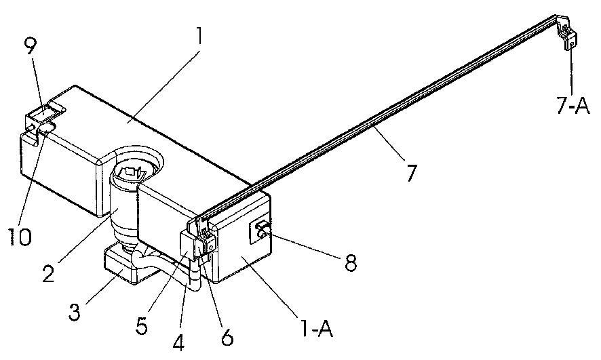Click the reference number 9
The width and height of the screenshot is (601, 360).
[x=31, y=49]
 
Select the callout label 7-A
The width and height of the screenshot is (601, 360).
[x=573, y=104]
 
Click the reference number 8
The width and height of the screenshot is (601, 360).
[x=349, y=262]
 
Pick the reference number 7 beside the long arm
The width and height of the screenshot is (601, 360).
[x=410, y=173]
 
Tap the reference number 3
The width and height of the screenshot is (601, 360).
[x=75, y=311]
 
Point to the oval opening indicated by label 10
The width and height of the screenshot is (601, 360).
[x=47, y=128]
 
